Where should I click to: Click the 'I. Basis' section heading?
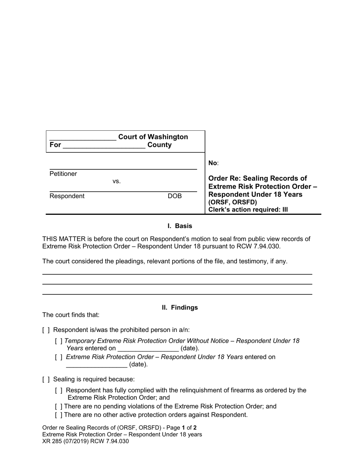pyautogui.click(x=180, y=226)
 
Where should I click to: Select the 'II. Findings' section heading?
pyautogui.click(x=180, y=308)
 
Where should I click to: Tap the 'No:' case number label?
pyautogui.click(x=213, y=163)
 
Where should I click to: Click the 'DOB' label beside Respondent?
pyautogui.click(x=175, y=196)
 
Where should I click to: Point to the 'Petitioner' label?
pyautogui.click(x=63, y=174)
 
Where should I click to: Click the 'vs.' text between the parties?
pyautogui.click(x=116, y=181)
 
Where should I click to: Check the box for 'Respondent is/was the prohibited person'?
pyautogui.click(x=46, y=330)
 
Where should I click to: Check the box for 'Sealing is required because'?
pyautogui.click(x=46, y=380)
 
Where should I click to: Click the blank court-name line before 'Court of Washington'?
pyautogui.click(x=83, y=138)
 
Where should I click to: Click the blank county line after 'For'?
pyautogui.click(x=104, y=146)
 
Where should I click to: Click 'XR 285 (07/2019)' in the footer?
pyautogui.click(x=67, y=441)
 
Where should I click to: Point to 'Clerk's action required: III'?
pyautogui.click(x=248, y=210)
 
